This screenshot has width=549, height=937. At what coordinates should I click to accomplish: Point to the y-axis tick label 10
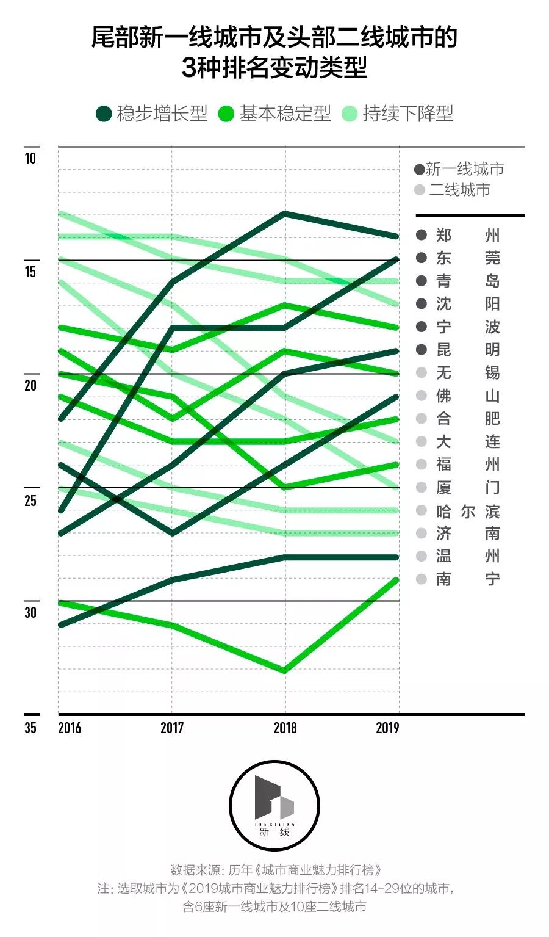click(x=30, y=158)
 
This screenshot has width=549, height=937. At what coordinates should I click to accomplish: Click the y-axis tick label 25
click(x=30, y=501)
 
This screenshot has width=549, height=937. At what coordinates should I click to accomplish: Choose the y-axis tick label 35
click(x=30, y=728)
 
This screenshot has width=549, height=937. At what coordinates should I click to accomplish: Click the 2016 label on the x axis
click(x=70, y=728)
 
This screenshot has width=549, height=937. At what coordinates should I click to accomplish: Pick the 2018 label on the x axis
click(x=285, y=728)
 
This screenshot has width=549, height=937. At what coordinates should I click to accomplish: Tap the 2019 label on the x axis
click(x=387, y=728)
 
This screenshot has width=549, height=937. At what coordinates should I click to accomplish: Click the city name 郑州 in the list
click(x=468, y=235)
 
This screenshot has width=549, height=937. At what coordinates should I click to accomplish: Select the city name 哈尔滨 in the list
click(x=468, y=511)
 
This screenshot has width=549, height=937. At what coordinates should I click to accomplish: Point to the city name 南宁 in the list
click(x=468, y=579)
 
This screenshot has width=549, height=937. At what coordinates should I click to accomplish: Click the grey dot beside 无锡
click(x=421, y=372)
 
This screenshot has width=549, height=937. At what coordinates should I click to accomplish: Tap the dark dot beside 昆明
click(x=421, y=350)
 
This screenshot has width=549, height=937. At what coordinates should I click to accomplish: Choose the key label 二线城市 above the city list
click(x=459, y=190)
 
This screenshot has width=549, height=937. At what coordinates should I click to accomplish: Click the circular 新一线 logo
click(x=274, y=806)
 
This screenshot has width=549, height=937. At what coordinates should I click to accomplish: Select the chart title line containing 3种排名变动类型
click(x=274, y=68)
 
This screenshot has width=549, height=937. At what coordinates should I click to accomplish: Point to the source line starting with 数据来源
click(x=276, y=870)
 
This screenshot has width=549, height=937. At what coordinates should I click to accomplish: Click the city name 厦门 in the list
click(x=468, y=487)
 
